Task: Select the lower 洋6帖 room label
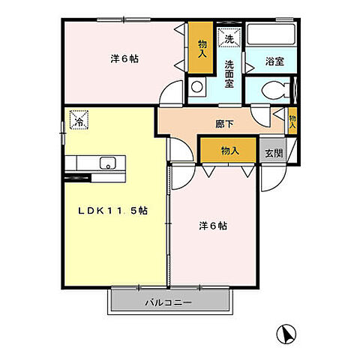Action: tap(212, 225)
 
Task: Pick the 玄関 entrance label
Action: tap(274, 153)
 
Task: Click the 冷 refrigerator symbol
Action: tap(78, 119)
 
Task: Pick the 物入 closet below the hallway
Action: tap(229, 151)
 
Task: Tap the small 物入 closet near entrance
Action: tap(292, 121)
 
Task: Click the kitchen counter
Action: tap(96, 163)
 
